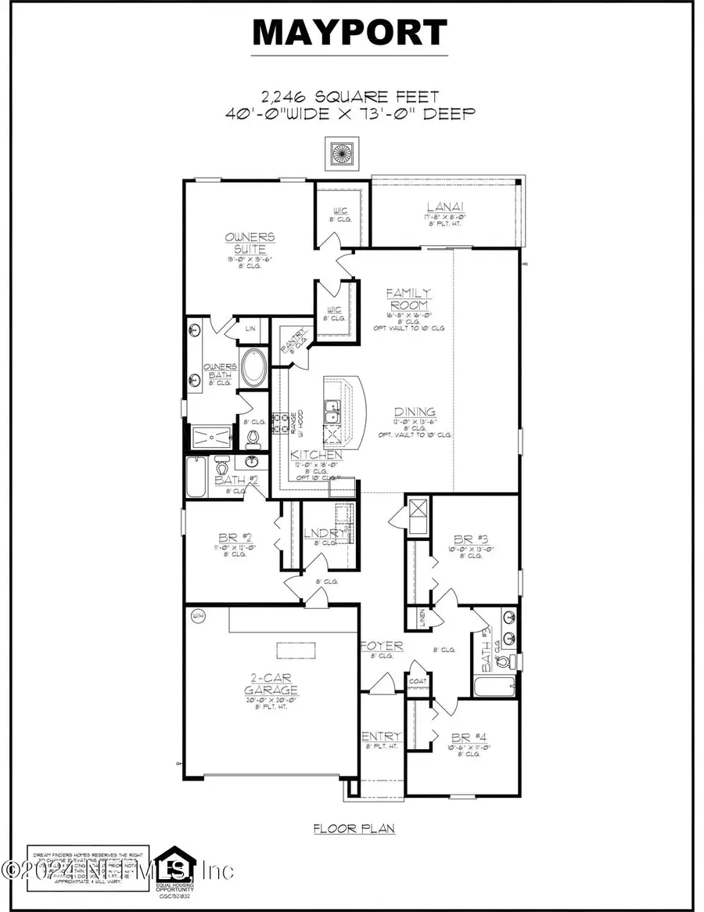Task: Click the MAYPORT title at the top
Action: click(x=350, y=33)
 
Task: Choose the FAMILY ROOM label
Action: click(x=408, y=298)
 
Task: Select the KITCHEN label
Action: click(x=316, y=454)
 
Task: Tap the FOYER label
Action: click(x=382, y=646)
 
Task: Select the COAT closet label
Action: click(x=418, y=681)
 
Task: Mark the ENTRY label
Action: click(x=381, y=737)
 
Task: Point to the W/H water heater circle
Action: click(x=197, y=617)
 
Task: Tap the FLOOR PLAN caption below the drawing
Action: click(x=354, y=828)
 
